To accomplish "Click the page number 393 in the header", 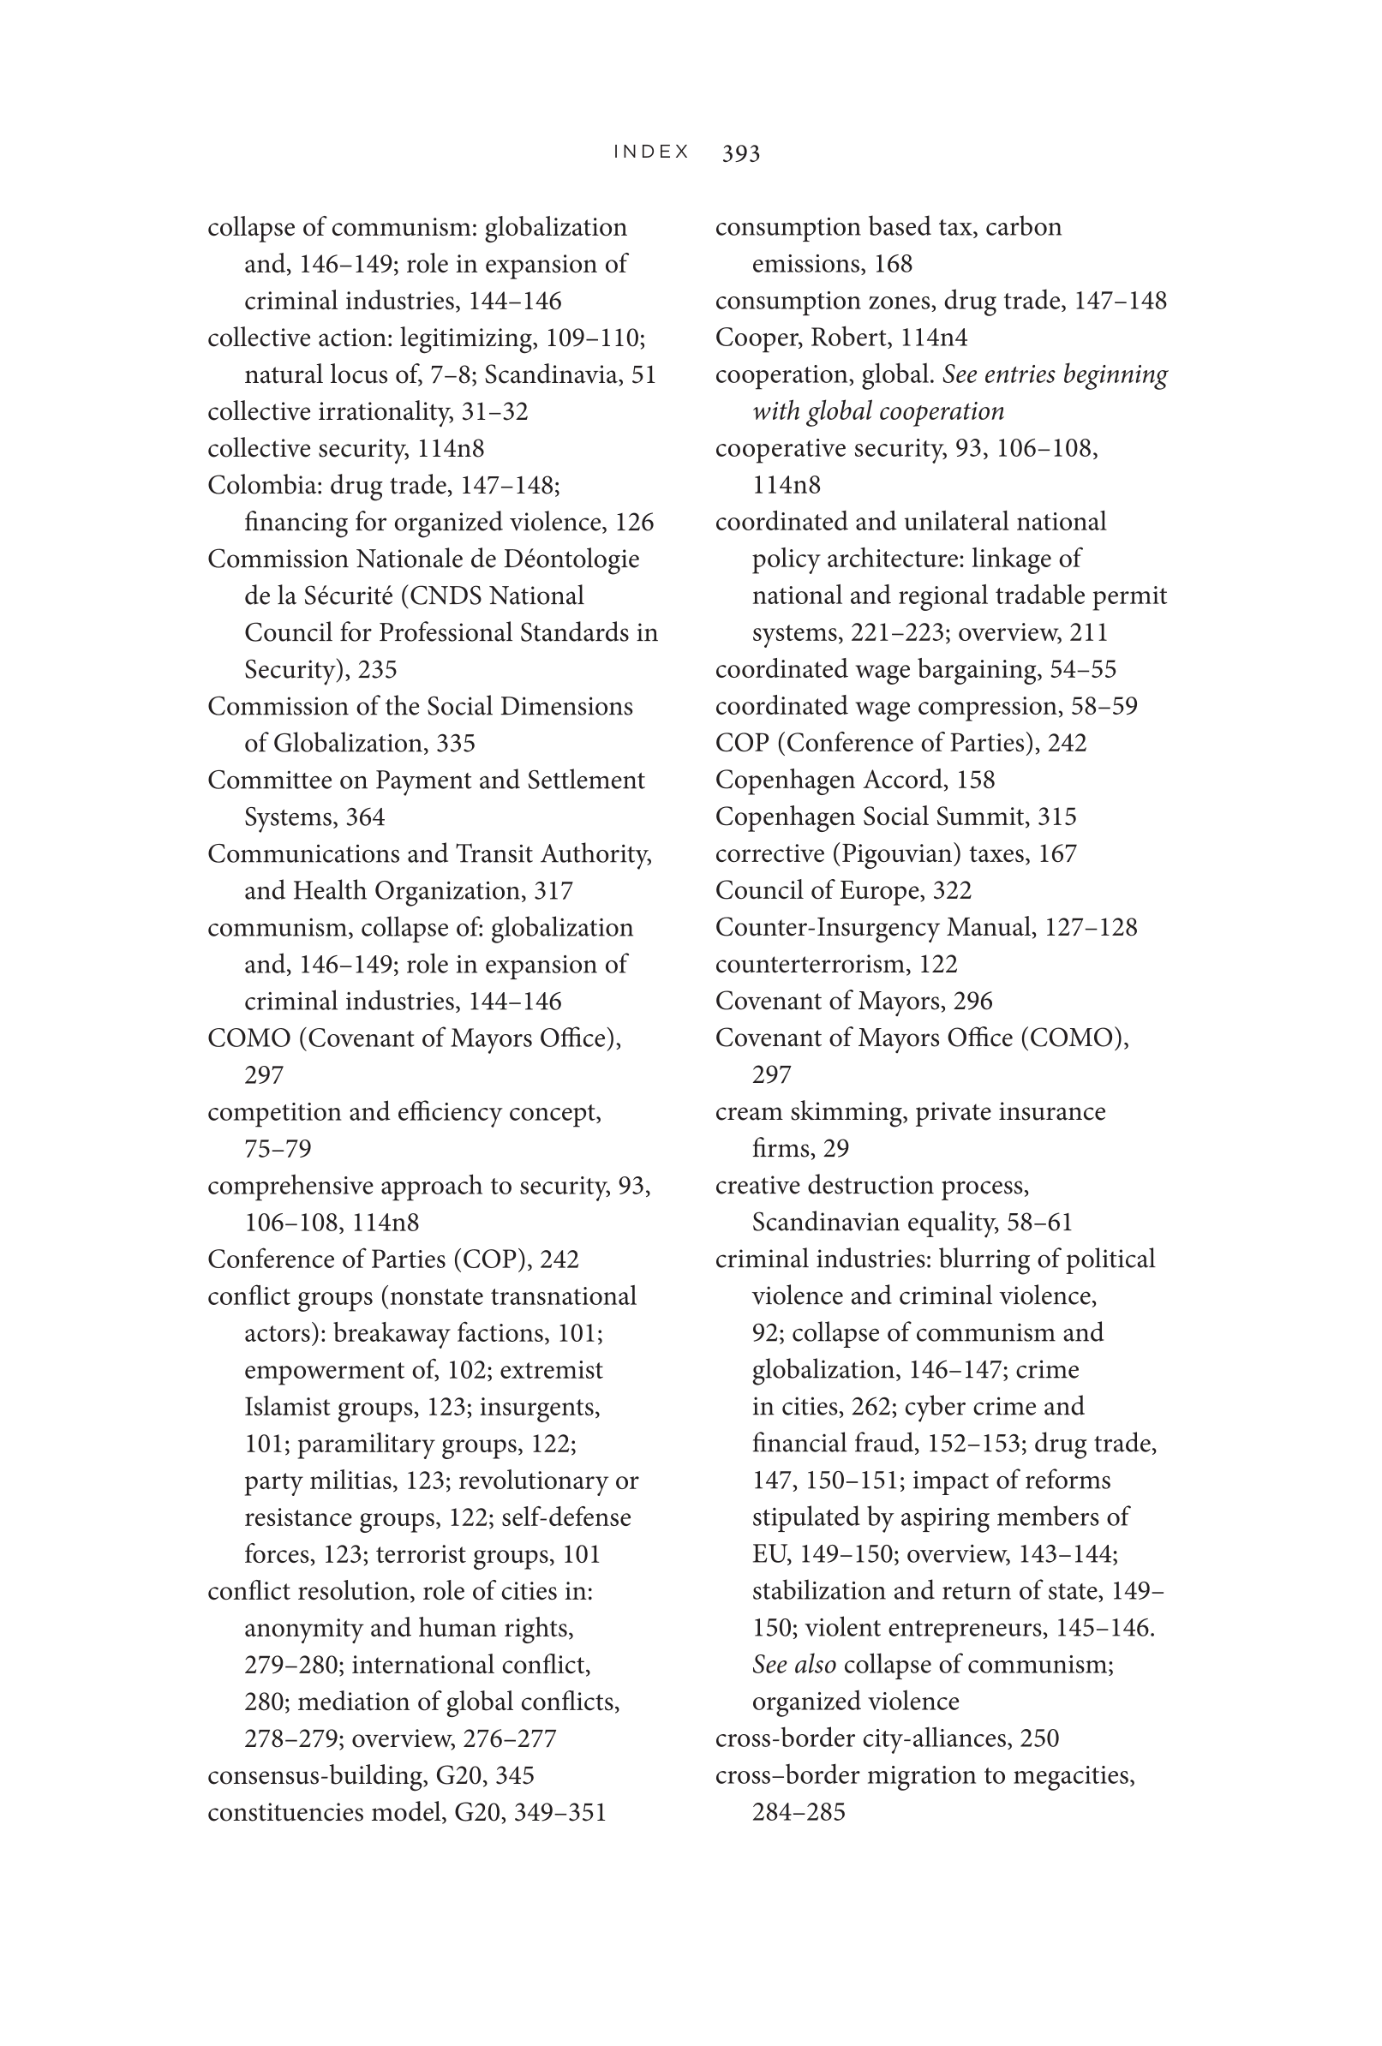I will (x=740, y=153).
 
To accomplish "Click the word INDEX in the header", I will (x=651, y=153).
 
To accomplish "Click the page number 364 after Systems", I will (x=364, y=817).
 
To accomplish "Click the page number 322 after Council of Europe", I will (x=952, y=891).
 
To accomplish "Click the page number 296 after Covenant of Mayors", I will (x=972, y=1001).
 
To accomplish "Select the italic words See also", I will (x=794, y=1665).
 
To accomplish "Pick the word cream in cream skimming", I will (x=748, y=1112).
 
